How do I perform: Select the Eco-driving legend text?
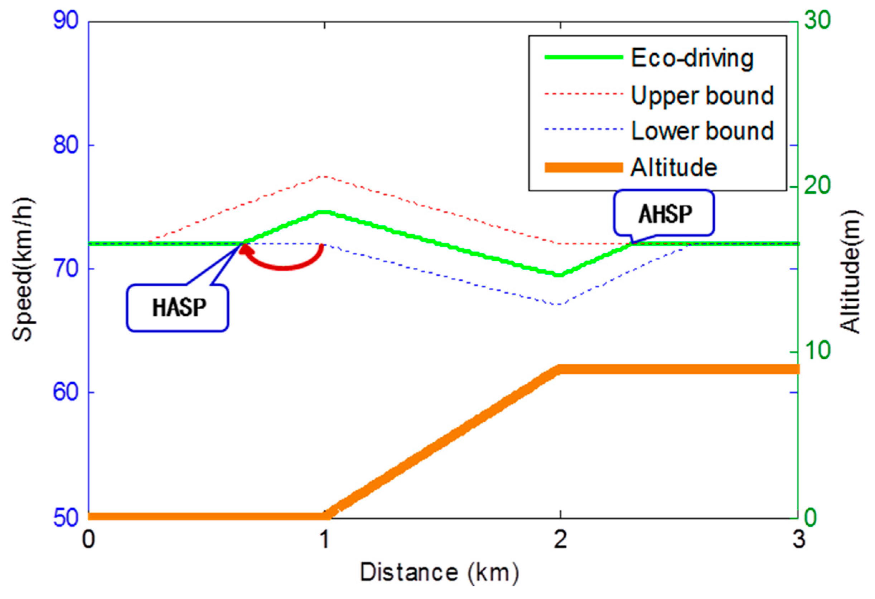click(692, 58)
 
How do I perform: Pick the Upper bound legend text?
click(702, 95)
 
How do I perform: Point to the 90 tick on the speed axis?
click(66, 21)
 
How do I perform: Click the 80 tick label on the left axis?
click(66, 145)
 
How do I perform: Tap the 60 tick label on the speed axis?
click(66, 392)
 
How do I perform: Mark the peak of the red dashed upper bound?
click(324, 176)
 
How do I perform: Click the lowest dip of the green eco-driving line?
click(560, 275)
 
